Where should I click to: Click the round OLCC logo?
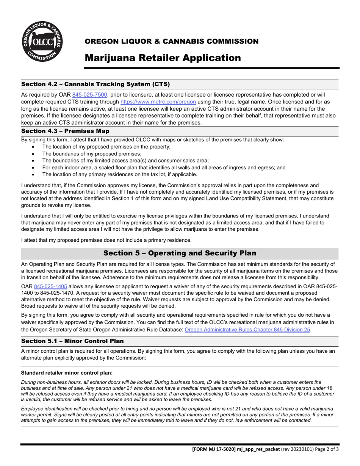pyautogui.click(x=42, y=42)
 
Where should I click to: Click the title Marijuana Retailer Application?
pyautogui.click(x=163, y=58)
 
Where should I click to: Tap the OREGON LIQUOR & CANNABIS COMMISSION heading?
pyautogui.click(x=171, y=41)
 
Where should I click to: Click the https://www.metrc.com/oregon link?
pyautogui.click(x=158, y=102)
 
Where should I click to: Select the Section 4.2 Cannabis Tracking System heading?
pyautogui.click(x=95, y=84)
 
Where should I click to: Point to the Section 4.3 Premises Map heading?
pyautogui.click(x=65, y=131)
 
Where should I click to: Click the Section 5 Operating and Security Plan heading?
pyautogui.click(x=180, y=253)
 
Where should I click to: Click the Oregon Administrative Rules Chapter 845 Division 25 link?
pyautogui.click(x=247, y=330)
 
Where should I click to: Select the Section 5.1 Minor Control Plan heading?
pyautogui.click(x=72, y=341)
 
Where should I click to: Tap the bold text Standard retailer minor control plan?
pyautogui.click(x=67, y=373)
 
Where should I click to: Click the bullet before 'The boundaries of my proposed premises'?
pyautogui.click(x=34, y=154)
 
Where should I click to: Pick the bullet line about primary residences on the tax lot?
pyautogui.click(x=119, y=175)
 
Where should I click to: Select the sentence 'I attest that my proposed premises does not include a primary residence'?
pyautogui.click(x=106, y=240)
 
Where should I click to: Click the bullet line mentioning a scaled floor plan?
pyautogui.click(x=164, y=167)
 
